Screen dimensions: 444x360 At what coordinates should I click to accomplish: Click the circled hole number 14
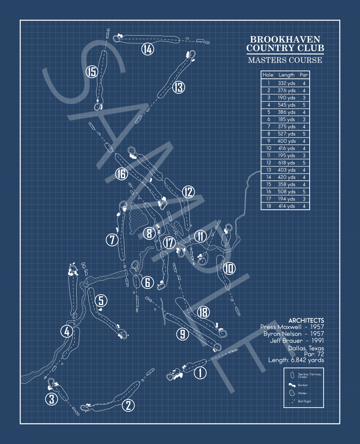[x=148, y=49]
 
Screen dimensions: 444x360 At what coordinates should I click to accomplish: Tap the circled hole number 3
[x=52, y=399]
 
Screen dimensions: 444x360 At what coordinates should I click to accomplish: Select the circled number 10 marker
[x=229, y=268]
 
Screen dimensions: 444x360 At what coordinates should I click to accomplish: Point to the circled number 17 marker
[x=169, y=243]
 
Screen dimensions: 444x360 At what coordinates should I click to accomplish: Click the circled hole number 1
[x=200, y=373]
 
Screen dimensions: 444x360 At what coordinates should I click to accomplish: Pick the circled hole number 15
[x=92, y=72]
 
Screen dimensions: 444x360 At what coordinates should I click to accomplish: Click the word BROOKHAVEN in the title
[x=285, y=40]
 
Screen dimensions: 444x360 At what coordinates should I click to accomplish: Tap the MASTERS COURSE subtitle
[x=285, y=60]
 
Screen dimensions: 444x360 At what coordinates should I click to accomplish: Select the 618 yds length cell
[x=287, y=163]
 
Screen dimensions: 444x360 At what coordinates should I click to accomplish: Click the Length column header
[x=287, y=75]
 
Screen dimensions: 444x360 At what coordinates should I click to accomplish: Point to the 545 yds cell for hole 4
[x=287, y=105]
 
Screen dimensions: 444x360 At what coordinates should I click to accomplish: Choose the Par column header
[x=304, y=75]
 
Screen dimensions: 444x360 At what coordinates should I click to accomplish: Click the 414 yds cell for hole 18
[x=287, y=206]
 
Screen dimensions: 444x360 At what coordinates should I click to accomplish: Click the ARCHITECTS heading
[x=306, y=320]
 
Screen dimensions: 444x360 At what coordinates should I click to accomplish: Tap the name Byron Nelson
[x=283, y=334]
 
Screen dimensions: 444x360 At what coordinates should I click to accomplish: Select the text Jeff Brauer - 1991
[x=297, y=341]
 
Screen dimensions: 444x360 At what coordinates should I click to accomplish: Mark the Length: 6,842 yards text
[x=296, y=360]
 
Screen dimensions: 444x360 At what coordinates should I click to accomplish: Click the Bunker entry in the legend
[x=303, y=385]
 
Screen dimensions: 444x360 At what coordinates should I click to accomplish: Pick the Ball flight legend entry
[x=304, y=401]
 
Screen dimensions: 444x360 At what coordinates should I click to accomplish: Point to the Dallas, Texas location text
[x=306, y=348]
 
